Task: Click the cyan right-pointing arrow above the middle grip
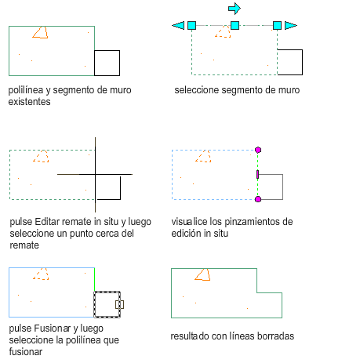point(235,9)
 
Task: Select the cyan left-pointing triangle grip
point(179,25)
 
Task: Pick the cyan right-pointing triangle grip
point(291,25)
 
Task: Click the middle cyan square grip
point(235,25)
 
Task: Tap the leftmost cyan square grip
point(191,25)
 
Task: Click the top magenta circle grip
point(258,150)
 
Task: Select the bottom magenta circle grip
point(258,199)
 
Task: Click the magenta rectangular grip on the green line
point(257,174)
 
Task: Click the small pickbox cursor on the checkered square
point(119,304)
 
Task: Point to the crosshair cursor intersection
point(95,174)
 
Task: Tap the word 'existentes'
point(29,102)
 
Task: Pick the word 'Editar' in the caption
point(47,222)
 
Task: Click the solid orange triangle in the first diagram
point(40,32)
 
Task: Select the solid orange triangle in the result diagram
point(202,274)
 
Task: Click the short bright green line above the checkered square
point(94,279)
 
